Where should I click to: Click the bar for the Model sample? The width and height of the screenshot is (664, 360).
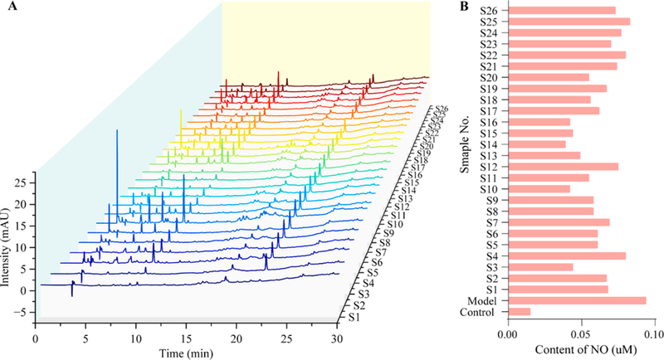[576, 300]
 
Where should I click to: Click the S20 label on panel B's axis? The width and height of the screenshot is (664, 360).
[488, 77]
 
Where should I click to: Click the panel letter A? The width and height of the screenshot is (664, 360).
[7, 7]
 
